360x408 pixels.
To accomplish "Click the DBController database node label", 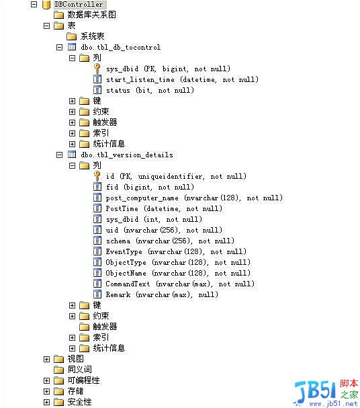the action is [79, 5].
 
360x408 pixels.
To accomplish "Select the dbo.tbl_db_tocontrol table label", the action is [121, 47].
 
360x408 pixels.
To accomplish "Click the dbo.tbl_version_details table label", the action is [127, 155].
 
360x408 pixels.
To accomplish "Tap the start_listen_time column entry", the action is [182, 79].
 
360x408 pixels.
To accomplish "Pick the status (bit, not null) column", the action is [150, 90].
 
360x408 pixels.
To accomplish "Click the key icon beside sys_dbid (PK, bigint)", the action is [97, 69].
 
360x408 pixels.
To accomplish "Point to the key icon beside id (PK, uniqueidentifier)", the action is [97, 176].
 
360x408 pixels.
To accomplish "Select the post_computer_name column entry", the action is [194, 198].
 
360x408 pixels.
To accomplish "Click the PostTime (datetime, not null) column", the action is [164, 208].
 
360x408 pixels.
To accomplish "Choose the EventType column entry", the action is [176, 251].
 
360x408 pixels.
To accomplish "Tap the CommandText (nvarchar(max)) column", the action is [180, 284].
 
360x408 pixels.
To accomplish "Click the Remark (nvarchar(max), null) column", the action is [162, 294].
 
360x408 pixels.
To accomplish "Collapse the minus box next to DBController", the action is [34, 5].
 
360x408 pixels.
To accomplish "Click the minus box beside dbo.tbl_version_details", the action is [59, 155].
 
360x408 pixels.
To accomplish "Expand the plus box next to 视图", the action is [46, 359].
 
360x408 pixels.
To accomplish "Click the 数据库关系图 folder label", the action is [91, 15].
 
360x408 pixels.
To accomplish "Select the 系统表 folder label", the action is [92, 36].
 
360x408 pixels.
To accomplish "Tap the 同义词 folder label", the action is [79, 370].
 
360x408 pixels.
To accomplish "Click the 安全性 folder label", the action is [79, 402].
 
